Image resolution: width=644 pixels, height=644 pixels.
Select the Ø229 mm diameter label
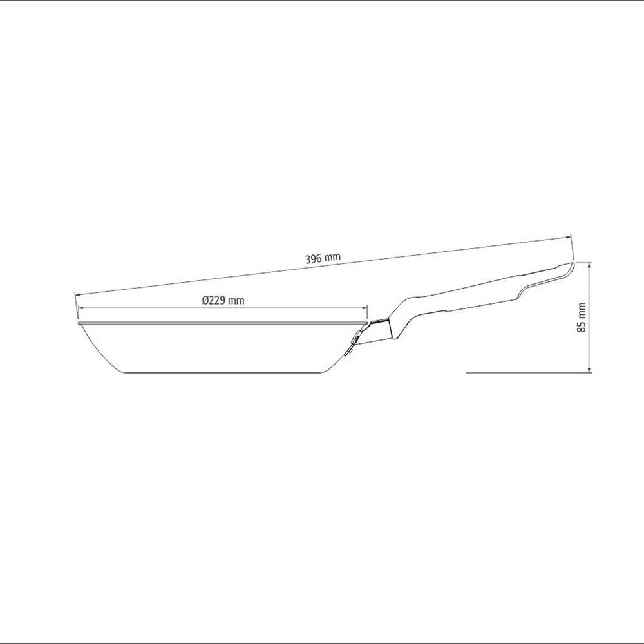[223, 299]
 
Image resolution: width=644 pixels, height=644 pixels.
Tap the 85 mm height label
[582, 317]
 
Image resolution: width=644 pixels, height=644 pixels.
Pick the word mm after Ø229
[236, 299]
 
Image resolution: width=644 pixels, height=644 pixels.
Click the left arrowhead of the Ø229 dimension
[80, 308]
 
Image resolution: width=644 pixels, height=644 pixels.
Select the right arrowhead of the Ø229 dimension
[365, 308]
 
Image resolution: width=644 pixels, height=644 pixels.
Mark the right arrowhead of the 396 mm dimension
[569, 238]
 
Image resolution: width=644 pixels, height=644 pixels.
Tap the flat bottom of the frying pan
[219, 372]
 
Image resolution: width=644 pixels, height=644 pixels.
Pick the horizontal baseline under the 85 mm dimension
[528, 373]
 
